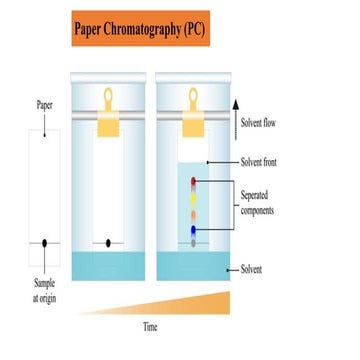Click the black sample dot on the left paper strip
(43, 243)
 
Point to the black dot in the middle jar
(108, 243)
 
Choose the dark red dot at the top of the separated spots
(194, 182)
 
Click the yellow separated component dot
(194, 198)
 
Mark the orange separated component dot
(194, 215)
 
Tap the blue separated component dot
(194, 231)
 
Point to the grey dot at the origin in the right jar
(194, 243)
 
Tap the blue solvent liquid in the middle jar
(108, 265)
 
